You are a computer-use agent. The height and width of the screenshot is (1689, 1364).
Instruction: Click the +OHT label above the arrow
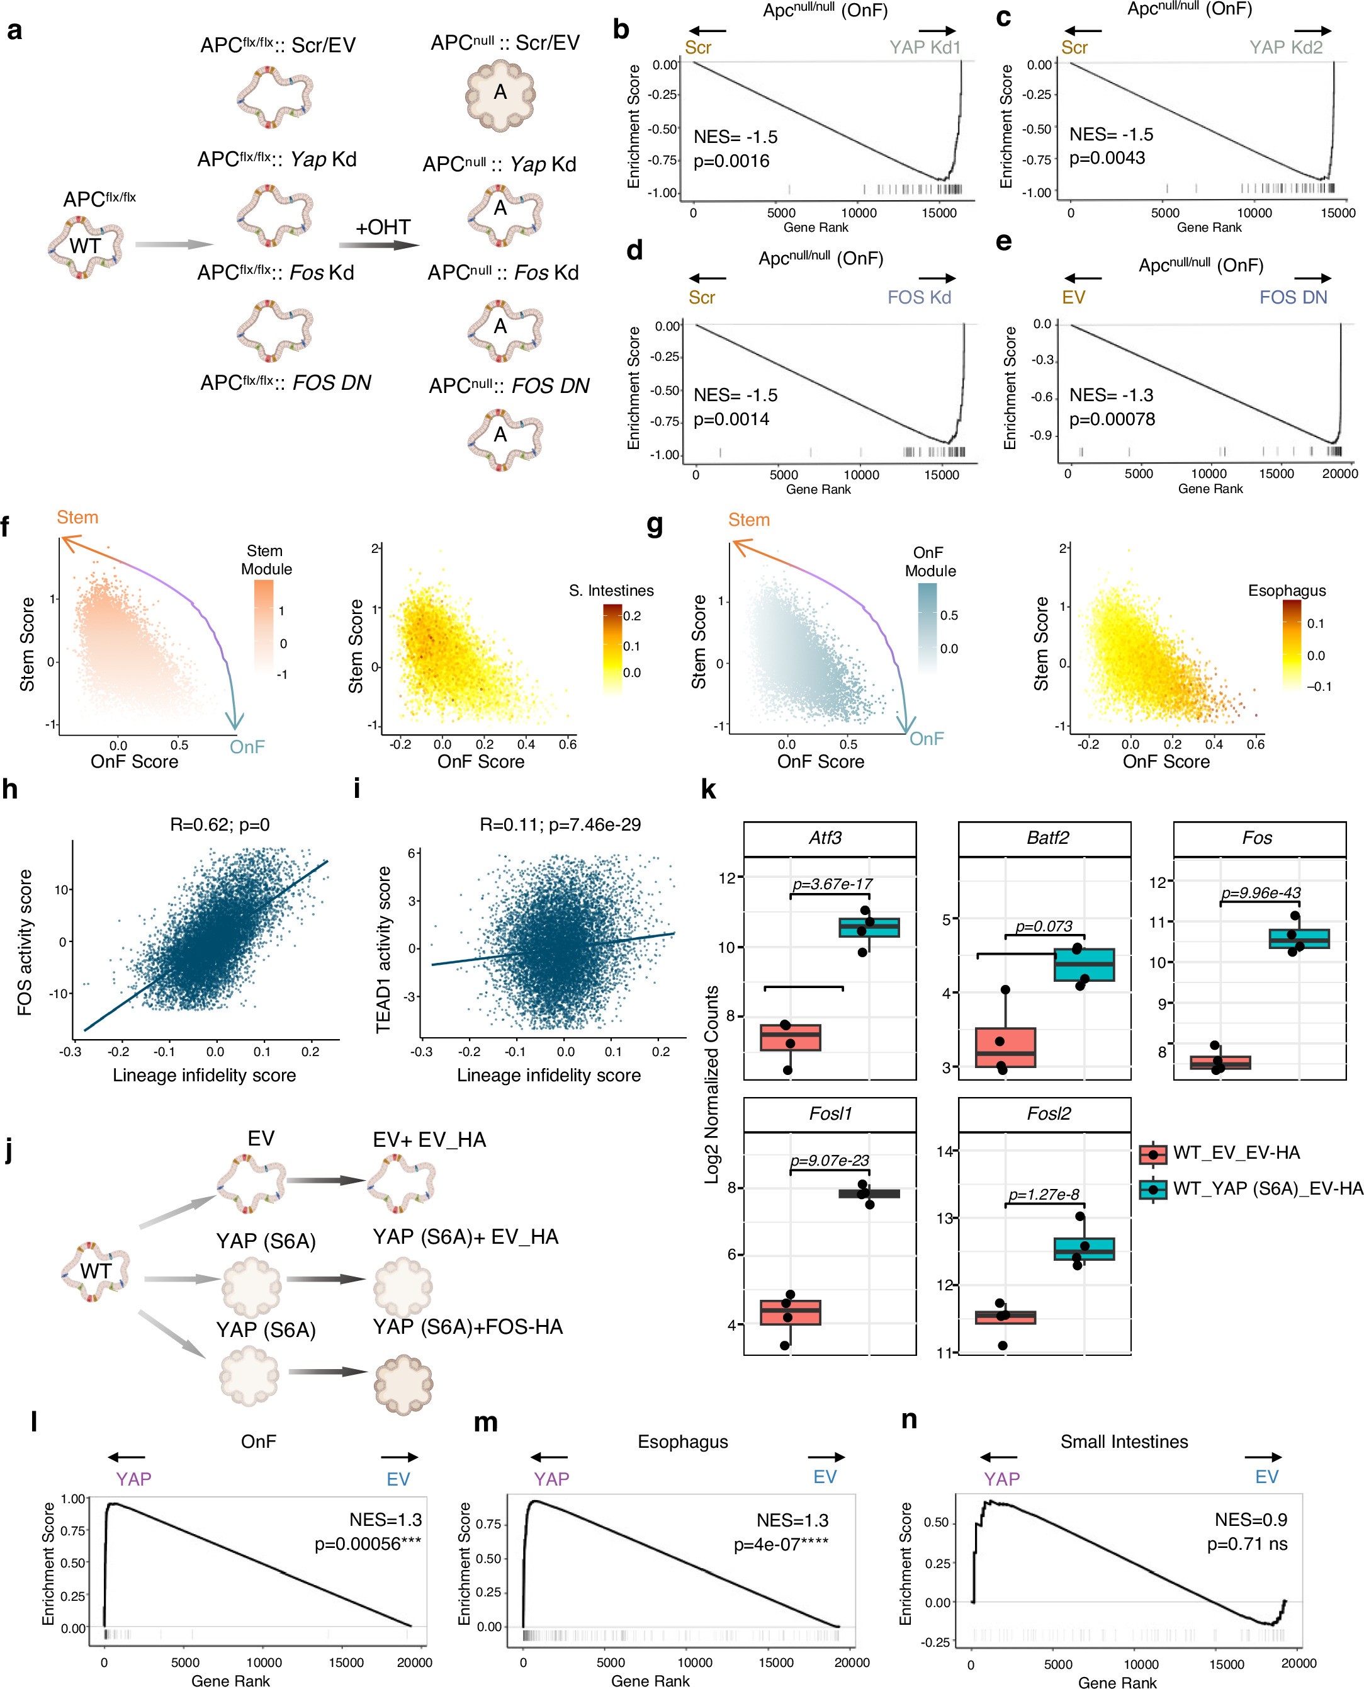click(383, 227)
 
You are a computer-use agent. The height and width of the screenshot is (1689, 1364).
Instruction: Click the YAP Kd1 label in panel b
click(925, 47)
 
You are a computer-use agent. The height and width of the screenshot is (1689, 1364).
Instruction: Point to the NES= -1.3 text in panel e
click(1111, 395)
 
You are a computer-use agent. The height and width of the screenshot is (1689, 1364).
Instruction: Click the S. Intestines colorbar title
click(611, 590)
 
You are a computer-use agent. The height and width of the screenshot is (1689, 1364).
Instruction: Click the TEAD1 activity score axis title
click(383, 950)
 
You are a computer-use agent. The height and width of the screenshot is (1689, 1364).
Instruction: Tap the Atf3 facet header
click(829, 838)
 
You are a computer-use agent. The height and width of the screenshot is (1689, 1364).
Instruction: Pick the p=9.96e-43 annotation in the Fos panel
click(1260, 893)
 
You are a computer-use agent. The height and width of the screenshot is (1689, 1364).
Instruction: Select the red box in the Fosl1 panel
click(790, 1312)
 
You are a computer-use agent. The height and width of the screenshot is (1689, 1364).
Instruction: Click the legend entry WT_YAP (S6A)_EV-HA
click(1266, 1188)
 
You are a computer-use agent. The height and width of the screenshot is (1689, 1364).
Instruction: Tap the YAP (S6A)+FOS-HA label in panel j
click(468, 1327)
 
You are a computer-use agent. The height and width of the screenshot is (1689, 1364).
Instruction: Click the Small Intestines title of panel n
click(1124, 1442)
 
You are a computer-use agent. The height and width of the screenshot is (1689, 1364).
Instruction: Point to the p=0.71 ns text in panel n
click(1247, 1544)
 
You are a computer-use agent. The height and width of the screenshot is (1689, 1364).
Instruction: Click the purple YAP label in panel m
click(551, 1479)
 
